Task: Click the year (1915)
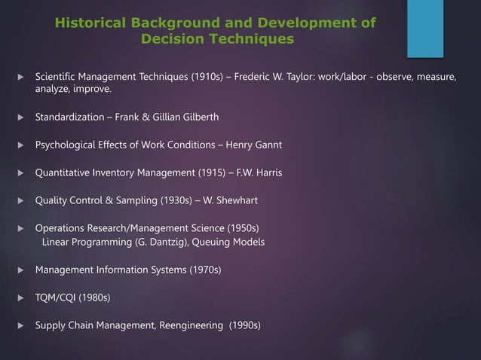(193, 172)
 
